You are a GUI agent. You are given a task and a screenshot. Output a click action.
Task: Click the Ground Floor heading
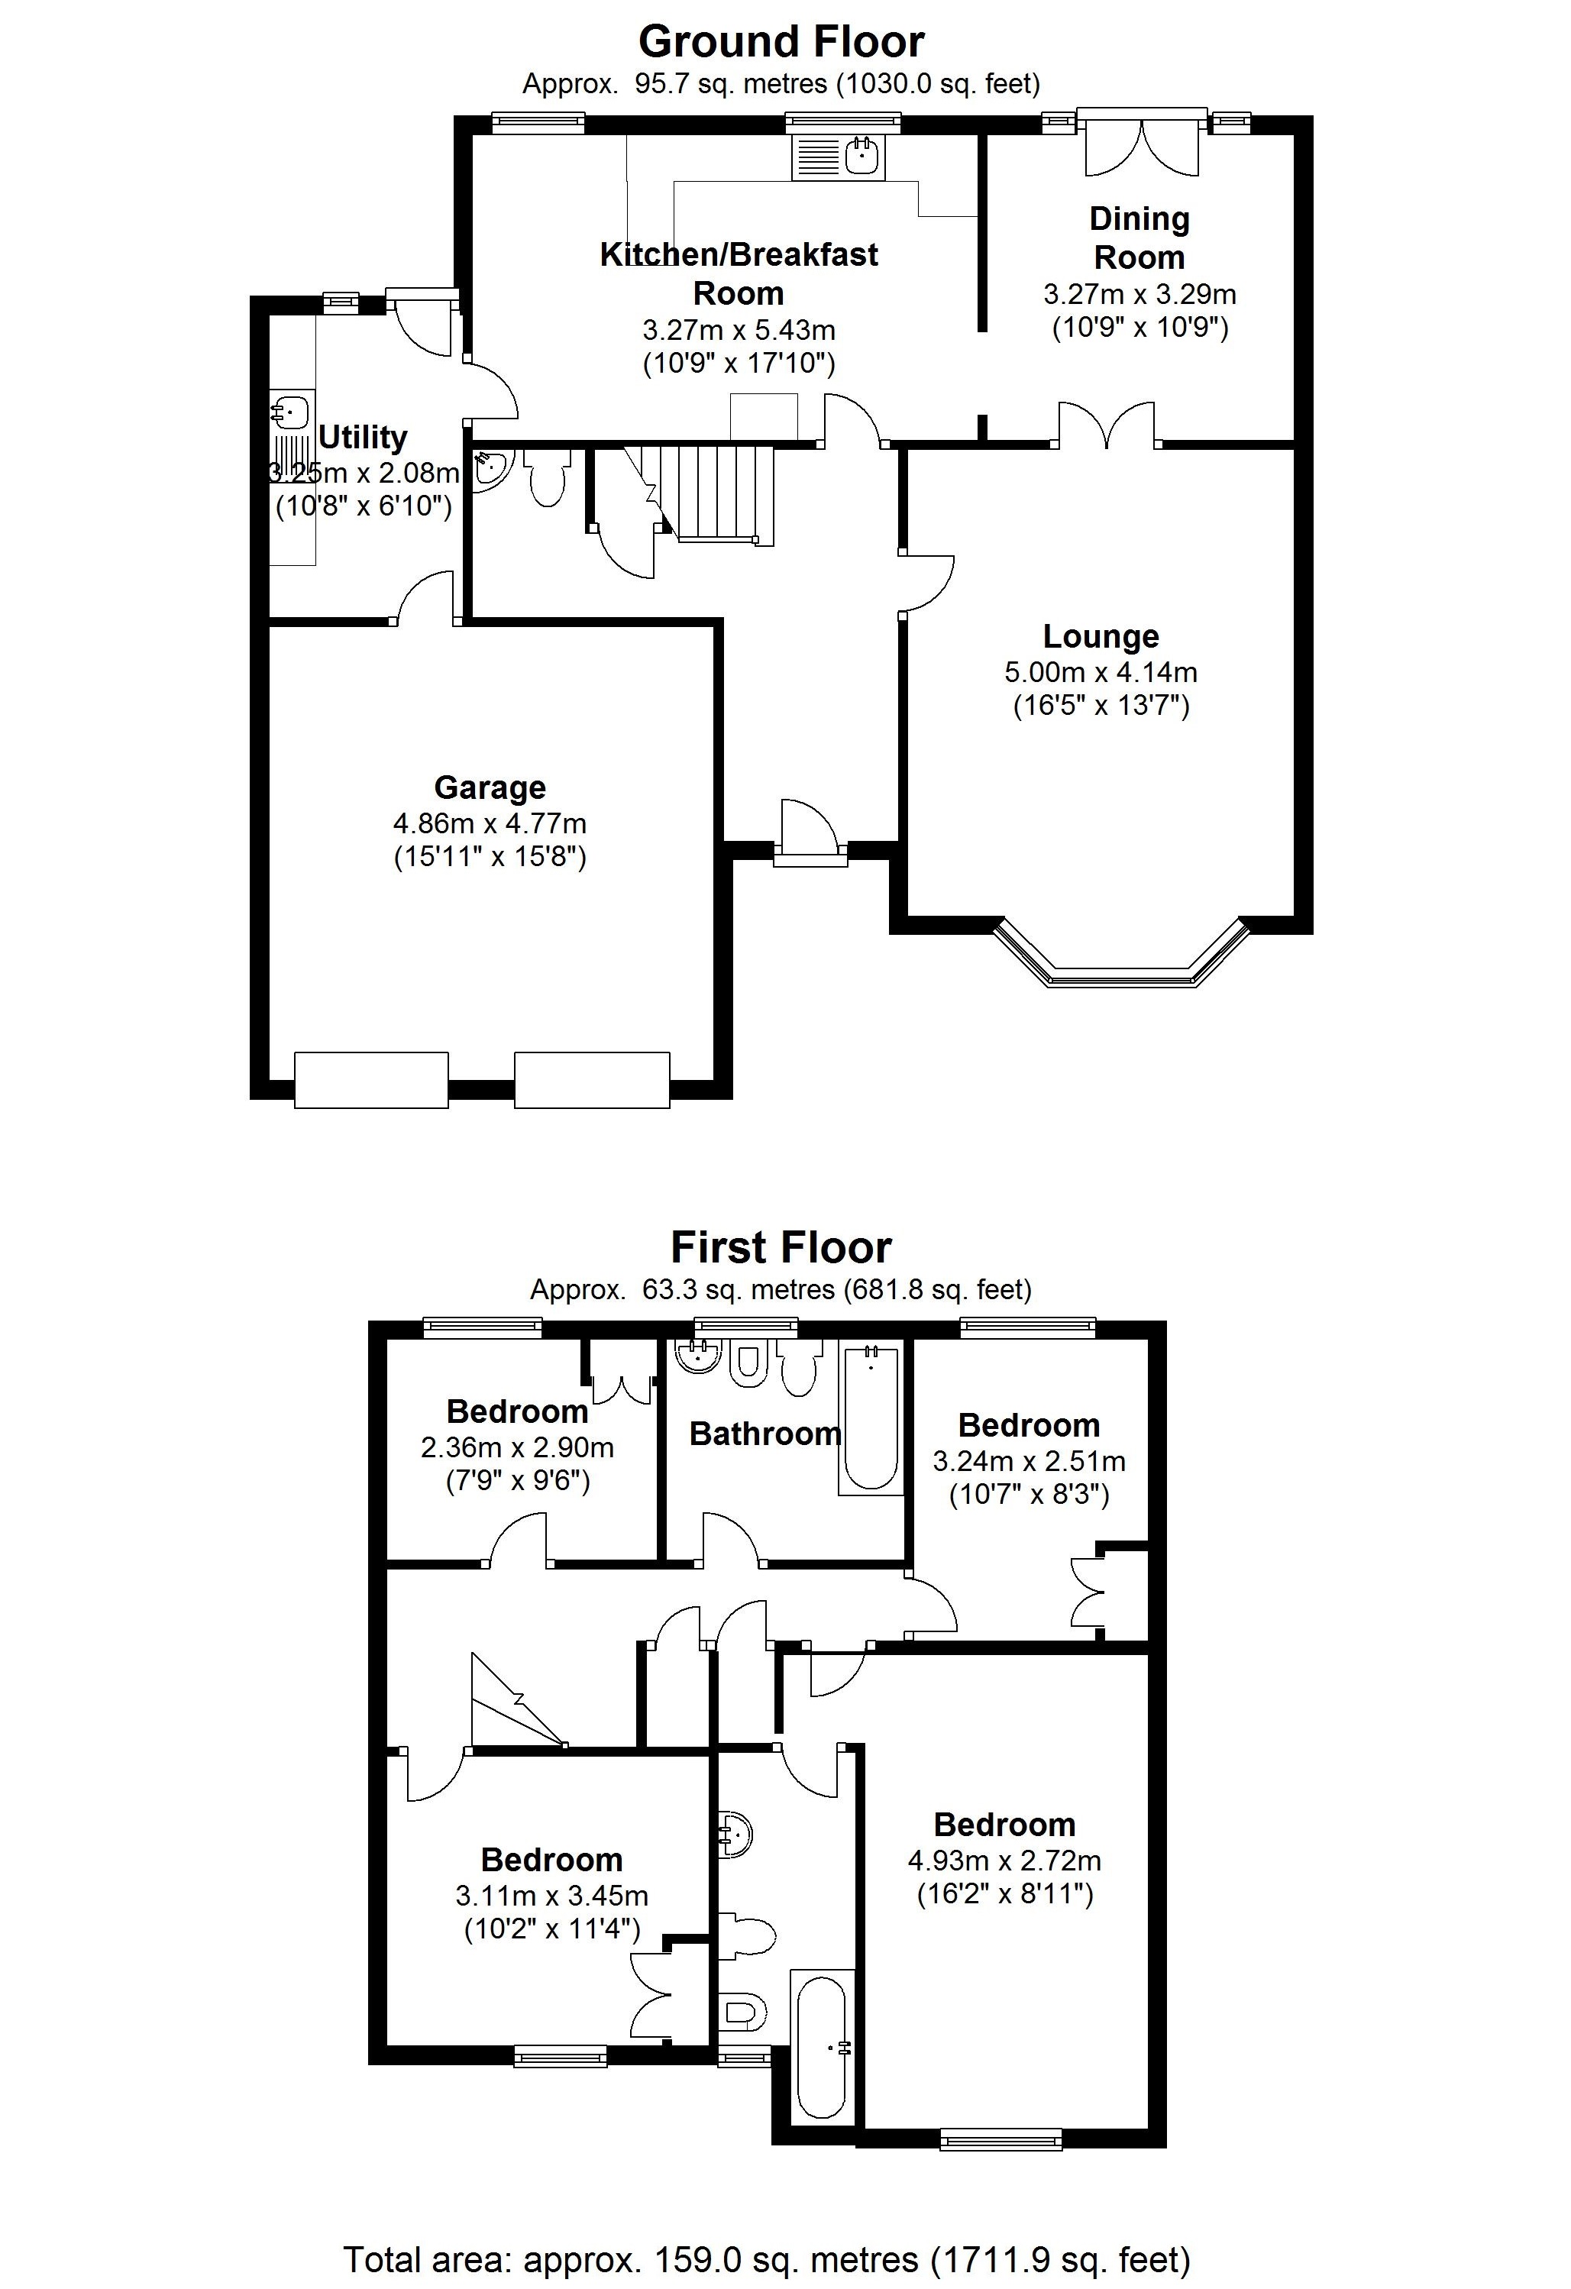(x=781, y=41)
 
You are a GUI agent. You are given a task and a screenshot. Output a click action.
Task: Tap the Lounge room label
(x=1101, y=636)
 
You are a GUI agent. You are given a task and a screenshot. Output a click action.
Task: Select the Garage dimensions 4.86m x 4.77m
(x=490, y=823)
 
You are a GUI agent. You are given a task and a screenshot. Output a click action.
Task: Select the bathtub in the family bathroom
(x=871, y=1418)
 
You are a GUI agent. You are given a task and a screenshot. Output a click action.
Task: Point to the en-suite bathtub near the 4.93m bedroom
(x=822, y=2045)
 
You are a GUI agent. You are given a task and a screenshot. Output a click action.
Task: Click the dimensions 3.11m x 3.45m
(x=551, y=1896)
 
